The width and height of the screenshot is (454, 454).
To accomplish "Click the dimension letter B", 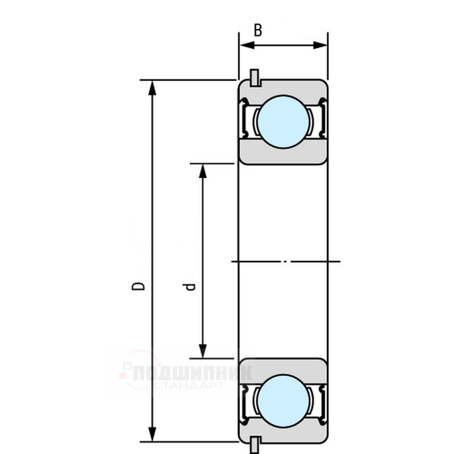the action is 258,30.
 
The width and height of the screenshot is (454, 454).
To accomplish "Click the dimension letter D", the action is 138,286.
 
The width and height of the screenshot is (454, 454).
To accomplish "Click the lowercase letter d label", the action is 191,287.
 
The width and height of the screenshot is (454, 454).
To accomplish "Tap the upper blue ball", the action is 283,122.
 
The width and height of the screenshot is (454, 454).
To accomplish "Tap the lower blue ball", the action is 283,401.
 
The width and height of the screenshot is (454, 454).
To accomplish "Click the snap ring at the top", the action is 255,78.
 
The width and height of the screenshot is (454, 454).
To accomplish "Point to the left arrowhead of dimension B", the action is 247,45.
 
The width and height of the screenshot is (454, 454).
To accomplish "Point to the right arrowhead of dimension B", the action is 320,45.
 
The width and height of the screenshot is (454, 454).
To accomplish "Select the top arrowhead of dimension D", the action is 152,88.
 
